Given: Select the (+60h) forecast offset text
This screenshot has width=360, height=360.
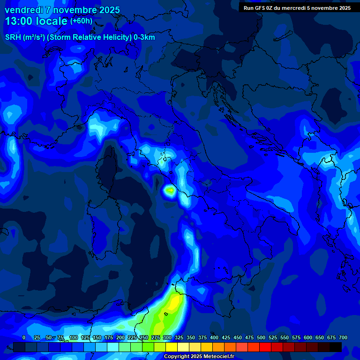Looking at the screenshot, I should coord(81,21).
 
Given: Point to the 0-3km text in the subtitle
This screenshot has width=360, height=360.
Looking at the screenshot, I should coord(144,37).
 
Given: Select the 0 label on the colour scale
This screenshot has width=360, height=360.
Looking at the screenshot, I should coord(24,337).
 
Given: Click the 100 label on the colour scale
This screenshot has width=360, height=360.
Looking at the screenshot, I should coord(74,337).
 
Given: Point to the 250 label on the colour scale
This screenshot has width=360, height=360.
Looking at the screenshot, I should coord(144,337).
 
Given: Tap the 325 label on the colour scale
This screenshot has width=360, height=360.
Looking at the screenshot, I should coord(179,337).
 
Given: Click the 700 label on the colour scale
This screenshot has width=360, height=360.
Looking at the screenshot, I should coord(343,337).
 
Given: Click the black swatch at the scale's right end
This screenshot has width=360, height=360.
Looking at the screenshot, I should coord(336,347).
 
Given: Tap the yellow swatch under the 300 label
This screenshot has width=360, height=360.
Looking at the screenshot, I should coord(172,347).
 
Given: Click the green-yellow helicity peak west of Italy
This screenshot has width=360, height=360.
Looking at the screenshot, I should coord(170,190).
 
